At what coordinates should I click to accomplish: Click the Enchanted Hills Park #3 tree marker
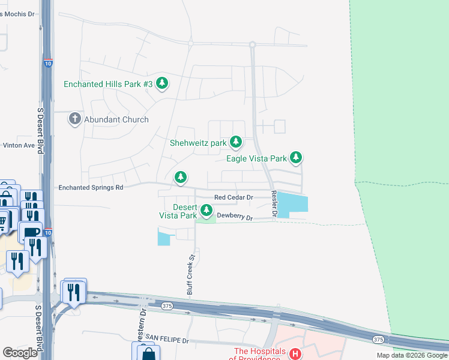[x=161, y=83]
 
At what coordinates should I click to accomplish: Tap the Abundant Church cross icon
[x=75, y=118]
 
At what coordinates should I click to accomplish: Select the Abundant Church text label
[x=116, y=119]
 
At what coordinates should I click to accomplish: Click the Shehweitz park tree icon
[x=236, y=142]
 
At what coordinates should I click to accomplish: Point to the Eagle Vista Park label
[x=256, y=158]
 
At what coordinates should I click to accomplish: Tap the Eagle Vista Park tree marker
[x=295, y=157]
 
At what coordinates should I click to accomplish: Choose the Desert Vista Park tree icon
[x=206, y=210]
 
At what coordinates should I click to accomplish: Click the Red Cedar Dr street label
[x=234, y=197]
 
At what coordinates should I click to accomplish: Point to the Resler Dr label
[x=274, y=205]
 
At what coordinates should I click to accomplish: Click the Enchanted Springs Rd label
[x=91, y=187]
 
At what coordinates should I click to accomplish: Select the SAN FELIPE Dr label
[x=167, y=340]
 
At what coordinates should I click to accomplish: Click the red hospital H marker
[x=295, y=353]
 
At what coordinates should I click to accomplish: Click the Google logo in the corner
[x=20, y=353]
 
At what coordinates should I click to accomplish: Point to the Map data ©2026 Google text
[x=412, y=355]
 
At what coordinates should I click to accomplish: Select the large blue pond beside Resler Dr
[x=292, y=203]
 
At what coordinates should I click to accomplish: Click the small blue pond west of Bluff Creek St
[x=163, y=238]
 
